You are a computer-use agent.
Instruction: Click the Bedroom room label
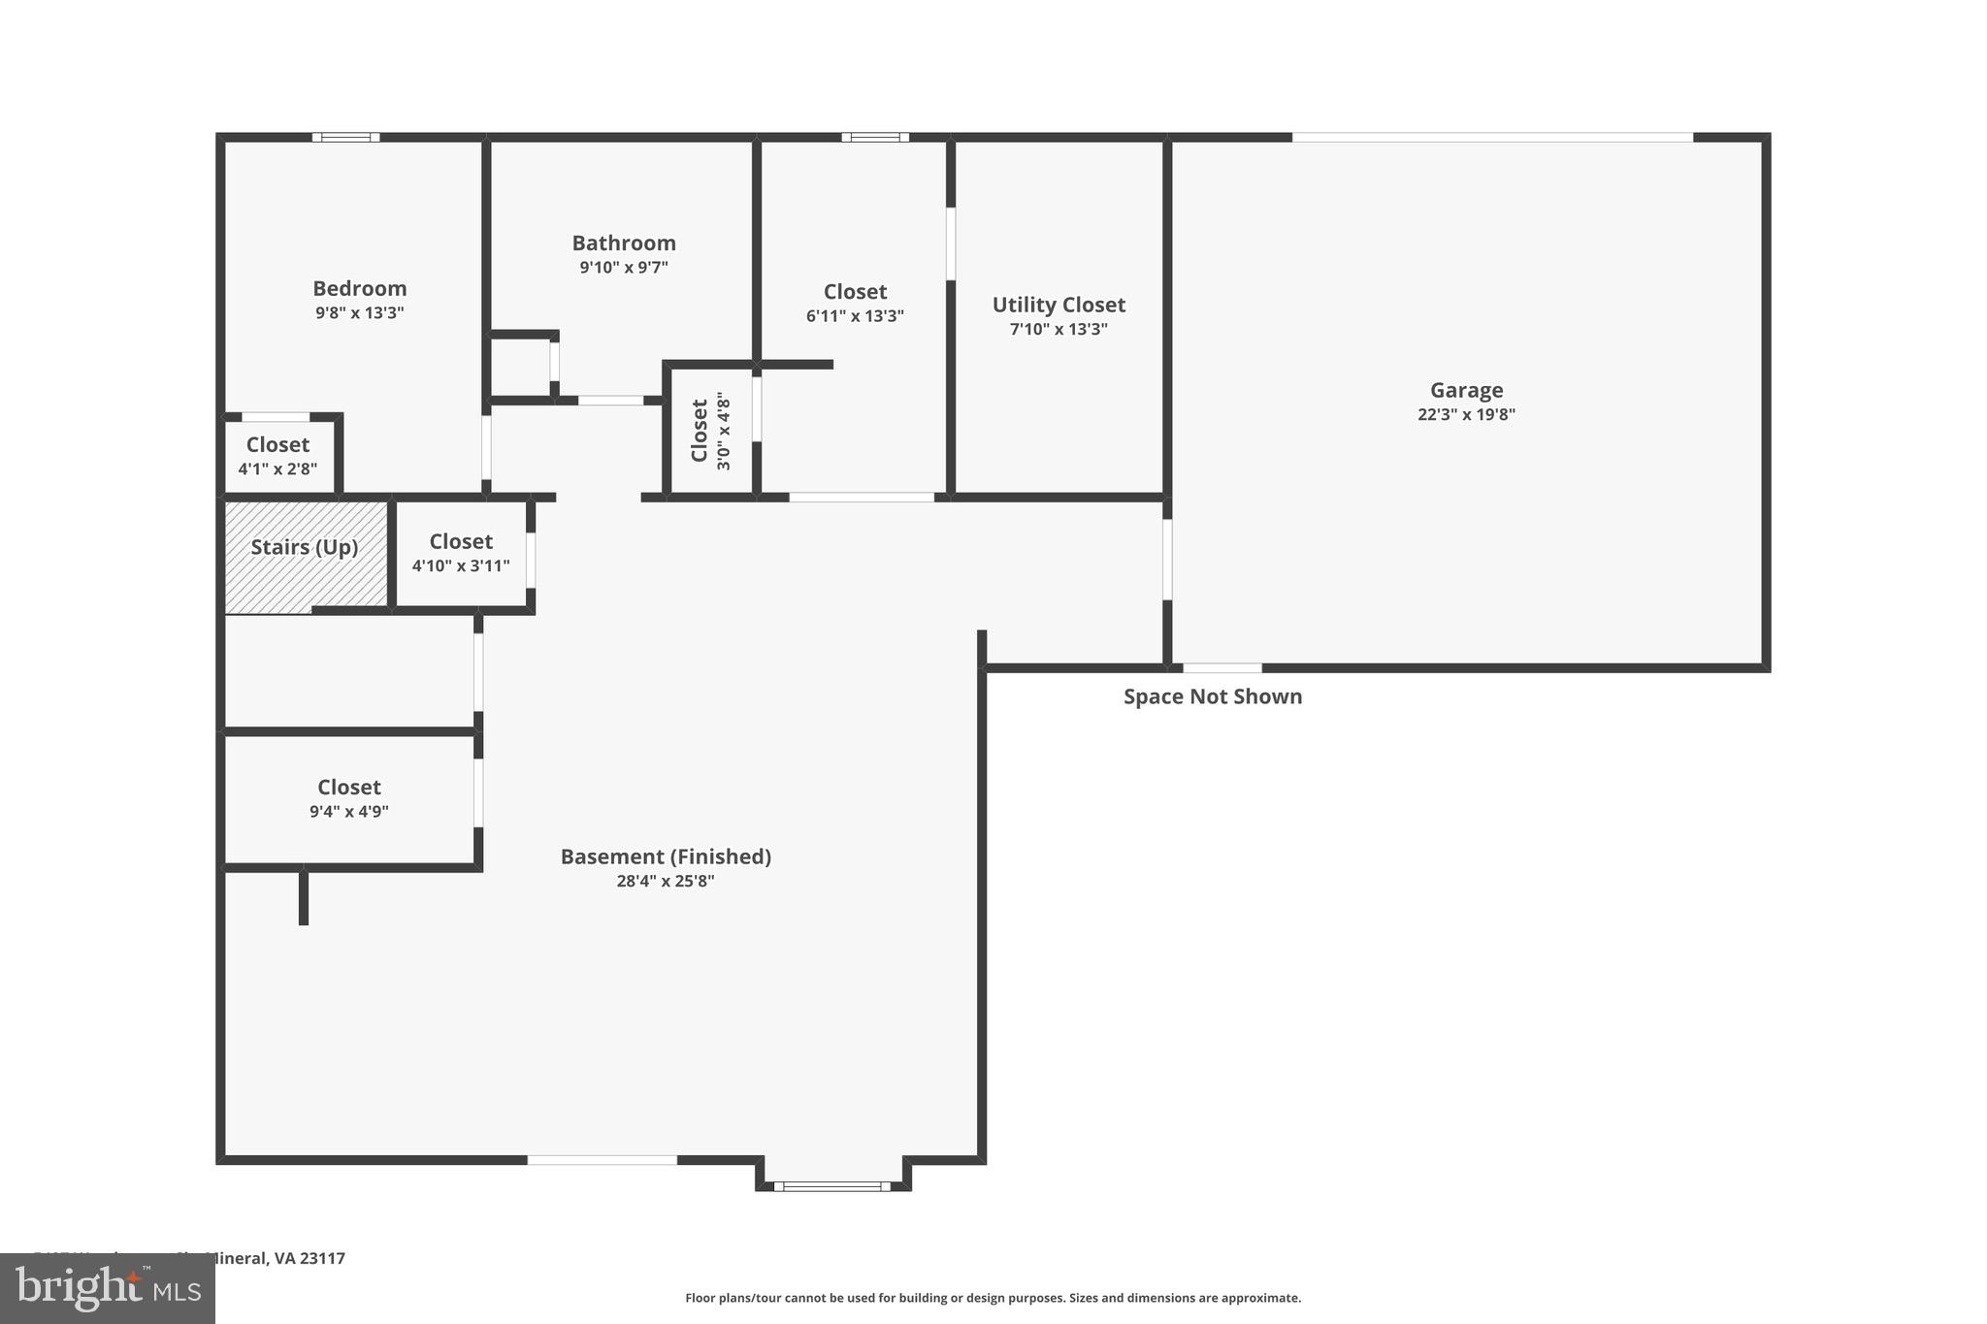[359, 288]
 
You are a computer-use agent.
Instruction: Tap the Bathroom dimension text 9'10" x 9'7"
[624, 268]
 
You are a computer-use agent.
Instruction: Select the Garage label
[1466, 390]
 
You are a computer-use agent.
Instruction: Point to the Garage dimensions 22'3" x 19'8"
[1466, 414]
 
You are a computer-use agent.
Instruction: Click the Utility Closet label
[1059, 305]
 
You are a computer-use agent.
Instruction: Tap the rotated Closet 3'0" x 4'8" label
[709, 431]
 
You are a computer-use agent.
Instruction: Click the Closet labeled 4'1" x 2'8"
[277, 455]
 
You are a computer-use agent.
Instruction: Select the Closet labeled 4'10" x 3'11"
[461, 552]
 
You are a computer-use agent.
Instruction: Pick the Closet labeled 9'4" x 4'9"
[349, 797]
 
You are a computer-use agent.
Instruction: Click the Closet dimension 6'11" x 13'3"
[855, 316]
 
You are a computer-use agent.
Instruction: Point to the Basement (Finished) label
[666, 856]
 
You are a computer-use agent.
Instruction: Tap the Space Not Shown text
[1213, 696]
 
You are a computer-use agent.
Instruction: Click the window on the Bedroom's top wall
[346, 138]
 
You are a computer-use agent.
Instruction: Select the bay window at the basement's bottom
[832, 1185]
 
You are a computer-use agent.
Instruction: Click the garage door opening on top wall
[1492, 138]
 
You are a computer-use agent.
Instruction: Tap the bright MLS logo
[107, 1288]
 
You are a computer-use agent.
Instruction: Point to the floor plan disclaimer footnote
[993, 1298]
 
